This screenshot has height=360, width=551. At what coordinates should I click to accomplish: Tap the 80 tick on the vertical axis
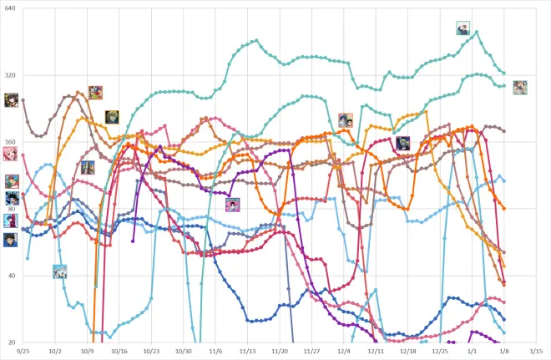[x=11, y=209]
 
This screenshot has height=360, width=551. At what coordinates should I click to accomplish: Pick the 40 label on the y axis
[x=11, y=276]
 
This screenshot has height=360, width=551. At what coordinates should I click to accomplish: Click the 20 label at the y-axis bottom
[x=11, y=342]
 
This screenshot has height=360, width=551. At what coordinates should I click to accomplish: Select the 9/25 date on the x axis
[x=23, y=352]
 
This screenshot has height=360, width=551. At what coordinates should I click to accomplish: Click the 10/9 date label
[x=87, y=352]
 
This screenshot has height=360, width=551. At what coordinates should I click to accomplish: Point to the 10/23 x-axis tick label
[x=151, y=352]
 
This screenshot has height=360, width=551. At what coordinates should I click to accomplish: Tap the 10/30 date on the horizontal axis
[x=183, y=352]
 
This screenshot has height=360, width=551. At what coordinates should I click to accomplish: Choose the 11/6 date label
[x=215, y=352]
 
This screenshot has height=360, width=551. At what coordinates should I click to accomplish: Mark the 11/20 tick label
[x=280, y=352]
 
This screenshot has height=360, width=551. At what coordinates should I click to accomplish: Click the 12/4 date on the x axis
[x=344, y=352]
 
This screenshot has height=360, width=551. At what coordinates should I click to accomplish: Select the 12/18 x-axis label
[x=408, y=352]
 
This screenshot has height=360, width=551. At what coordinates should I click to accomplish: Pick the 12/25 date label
[x=440, y=352]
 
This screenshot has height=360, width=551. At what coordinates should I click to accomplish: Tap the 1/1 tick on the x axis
[x=473, y=352]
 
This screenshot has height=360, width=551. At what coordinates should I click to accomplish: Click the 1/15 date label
[x=537, y=352]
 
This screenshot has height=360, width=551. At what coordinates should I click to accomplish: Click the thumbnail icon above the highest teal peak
[x=463, y=28]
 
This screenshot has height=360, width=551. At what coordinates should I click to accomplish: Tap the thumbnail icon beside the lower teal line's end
[x=520, y=87]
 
